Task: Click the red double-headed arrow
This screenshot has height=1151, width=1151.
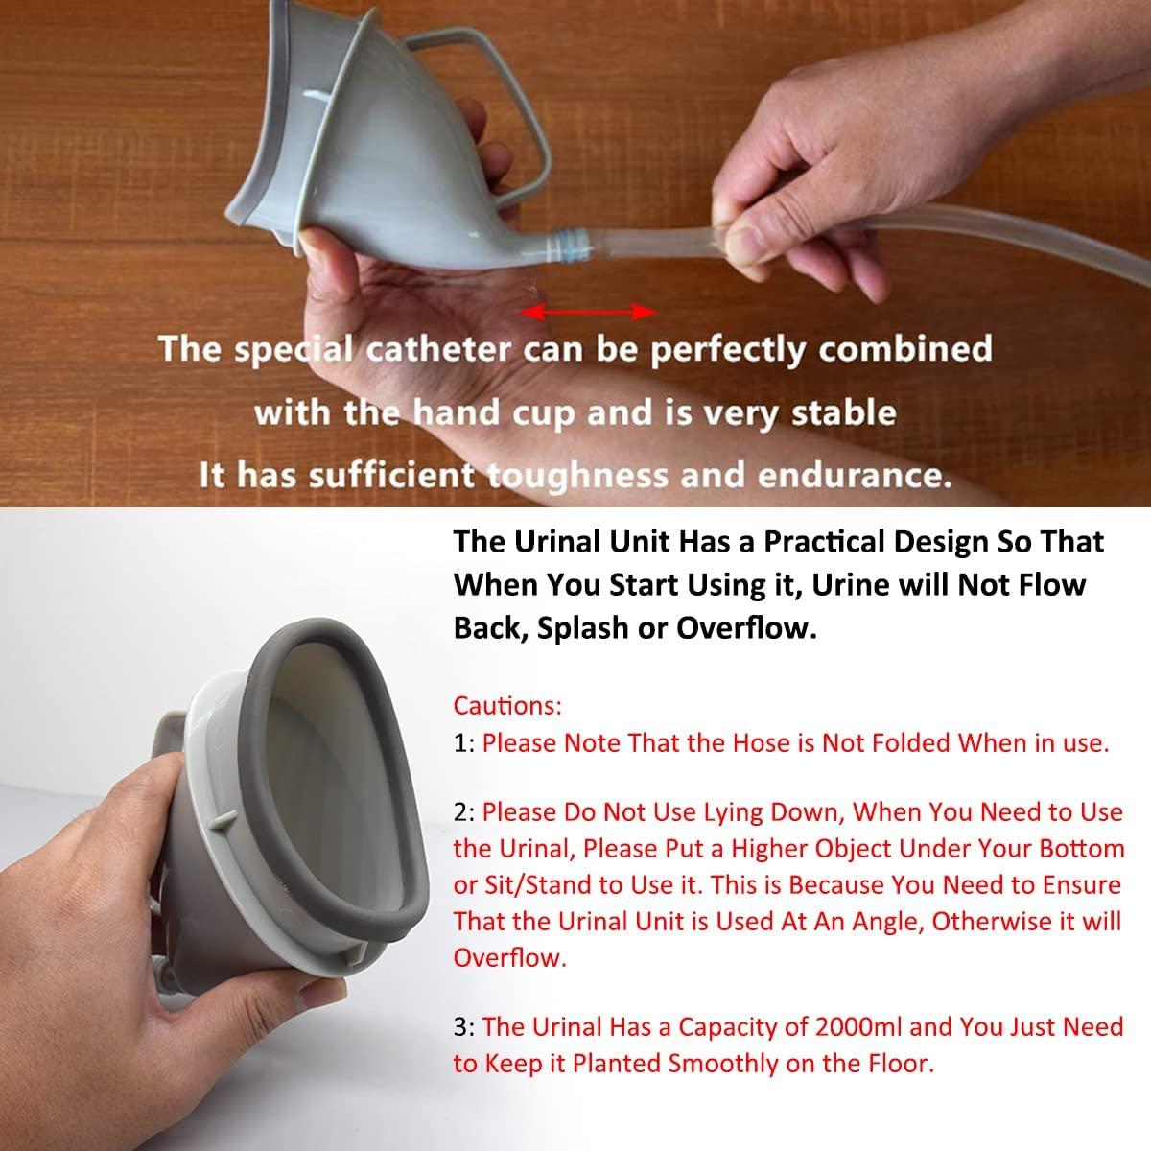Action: pyautogui.click(x=587, y=313)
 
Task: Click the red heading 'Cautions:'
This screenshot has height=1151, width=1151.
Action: pyautogui.click(x=507, y=706)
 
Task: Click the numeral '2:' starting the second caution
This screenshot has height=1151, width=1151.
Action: pyautogui.click(x=464, y=812)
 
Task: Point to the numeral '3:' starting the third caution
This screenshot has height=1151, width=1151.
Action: pyautogui.click(x=464, y=1027)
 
